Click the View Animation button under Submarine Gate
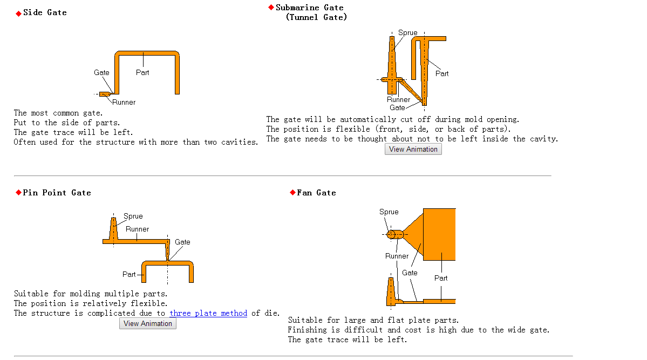tap(413, 149)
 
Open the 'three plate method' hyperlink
tap(208, 313)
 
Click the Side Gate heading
tap(45, 12)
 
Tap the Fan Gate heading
tap(317, 193)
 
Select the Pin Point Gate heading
tap(57, 193)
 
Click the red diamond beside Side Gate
tap(18, 13)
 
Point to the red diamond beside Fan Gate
tap(292, 192)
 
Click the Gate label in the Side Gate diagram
tap(101, 73)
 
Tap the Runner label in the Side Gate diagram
tap(124, 103)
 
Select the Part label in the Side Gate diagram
tap(142, 73)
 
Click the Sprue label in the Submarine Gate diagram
tap(407, 32)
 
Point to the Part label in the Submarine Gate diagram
tap(442, 73)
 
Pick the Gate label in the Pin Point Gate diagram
tap(182, 242)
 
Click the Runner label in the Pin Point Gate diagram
tap(138, 229)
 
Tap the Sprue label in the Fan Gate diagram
tap(389, 212)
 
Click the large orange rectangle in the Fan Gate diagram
tap(439, 234)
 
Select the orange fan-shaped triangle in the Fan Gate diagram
tap(414, 234)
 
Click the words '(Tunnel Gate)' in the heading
tap(317, 17)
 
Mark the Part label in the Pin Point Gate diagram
tap(129, 275)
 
